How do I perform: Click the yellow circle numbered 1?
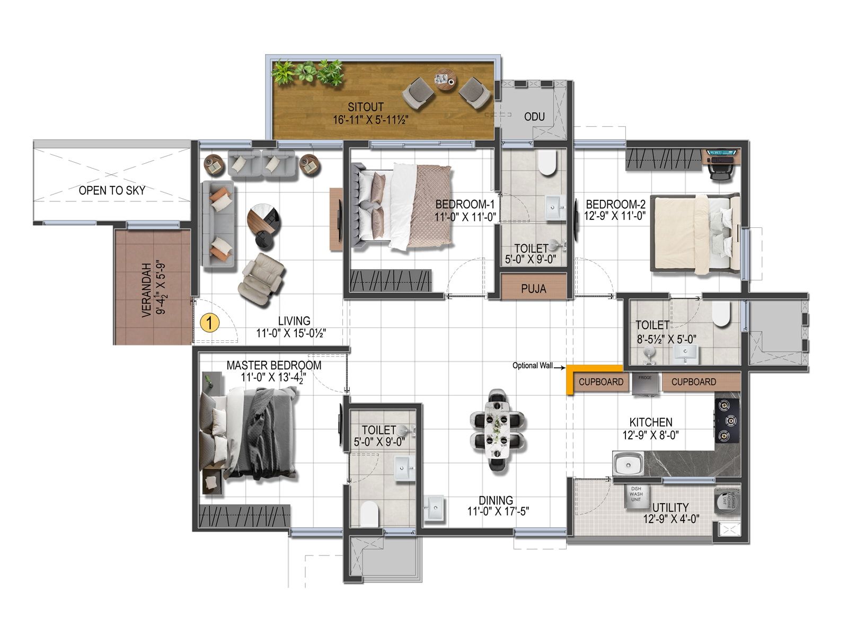[x=210, y=322]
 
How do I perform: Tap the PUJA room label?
[x=533, y=289]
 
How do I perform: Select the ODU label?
[x=534, y=117]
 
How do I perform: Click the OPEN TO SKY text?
[x=112, y=190]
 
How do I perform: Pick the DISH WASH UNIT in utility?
[x=636, y=495]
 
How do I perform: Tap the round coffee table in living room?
[x=264, y=218]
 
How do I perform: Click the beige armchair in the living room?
[x=262, y=279]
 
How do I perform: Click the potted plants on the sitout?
[x=307, y=73]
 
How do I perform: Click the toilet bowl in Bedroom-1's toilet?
[x=546, y=163]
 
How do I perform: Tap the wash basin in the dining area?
[x=434, y=508]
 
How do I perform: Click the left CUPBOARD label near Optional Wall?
[x=600, y=382]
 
